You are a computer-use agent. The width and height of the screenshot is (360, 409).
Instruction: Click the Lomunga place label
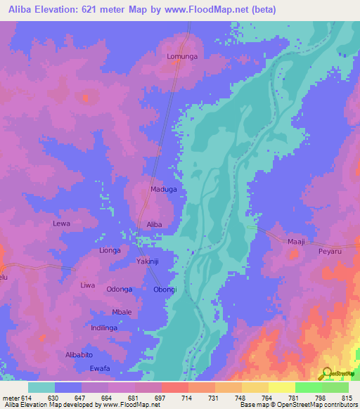180,56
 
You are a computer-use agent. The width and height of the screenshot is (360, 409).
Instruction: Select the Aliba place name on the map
154,224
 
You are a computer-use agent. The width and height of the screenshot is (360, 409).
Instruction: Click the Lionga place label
110,250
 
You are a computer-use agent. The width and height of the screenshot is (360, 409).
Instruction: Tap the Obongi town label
166,290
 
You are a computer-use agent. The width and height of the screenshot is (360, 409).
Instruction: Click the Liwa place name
87,285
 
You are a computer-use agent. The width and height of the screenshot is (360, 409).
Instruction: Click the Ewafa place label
100,368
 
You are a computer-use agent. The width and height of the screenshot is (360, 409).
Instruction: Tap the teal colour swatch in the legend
41,387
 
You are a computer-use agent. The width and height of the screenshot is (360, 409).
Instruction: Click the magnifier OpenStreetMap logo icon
325,373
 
